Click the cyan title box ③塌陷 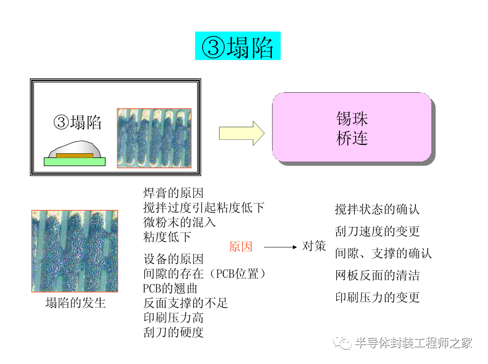tap(237, 46)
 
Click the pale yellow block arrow tap(242, 133)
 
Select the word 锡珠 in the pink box tap(352, 119)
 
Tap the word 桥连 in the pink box tap(352, 138)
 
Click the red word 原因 tap(241, 247)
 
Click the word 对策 tap(314, 246)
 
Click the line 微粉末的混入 tap(179, 222)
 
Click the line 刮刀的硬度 tap(174, 332)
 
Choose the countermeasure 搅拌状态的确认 tap(377, 209)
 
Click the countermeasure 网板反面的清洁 tap(377, 275)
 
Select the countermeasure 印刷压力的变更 tap(377, 297)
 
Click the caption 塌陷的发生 tap(75, 303)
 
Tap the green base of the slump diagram tap(74, 162)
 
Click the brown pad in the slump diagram tap(74, 156)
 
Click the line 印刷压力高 tap(174, 317)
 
